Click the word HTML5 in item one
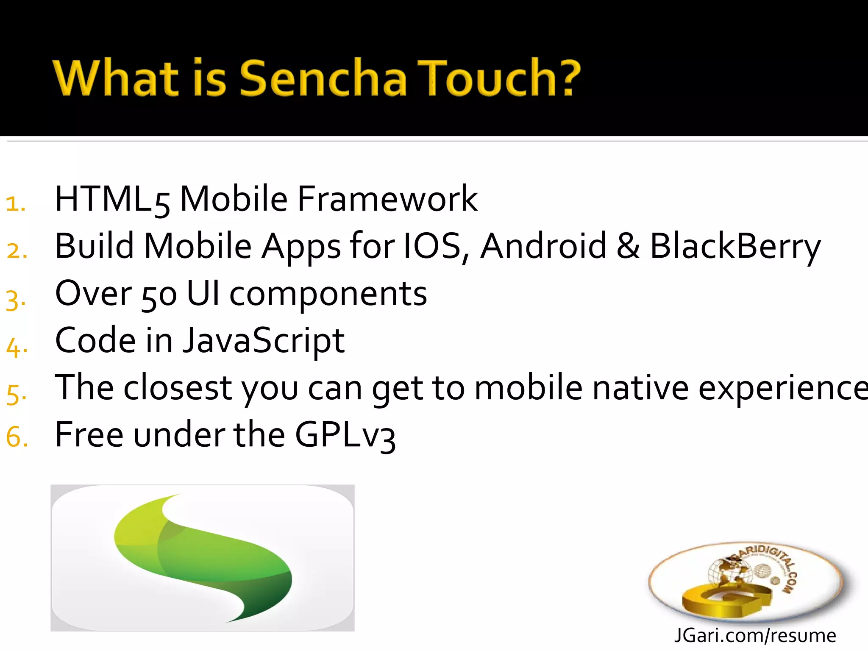point(112,199)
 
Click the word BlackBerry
point(735,247)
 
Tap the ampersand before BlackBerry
point(628,247)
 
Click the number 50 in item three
point(159,295)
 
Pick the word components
point(328,295)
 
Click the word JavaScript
point(263,341)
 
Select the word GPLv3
point(345,436)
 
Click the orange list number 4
point(17,348)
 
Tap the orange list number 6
point(17,437)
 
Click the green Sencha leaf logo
point(203,558)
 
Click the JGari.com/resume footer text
point(755,636)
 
